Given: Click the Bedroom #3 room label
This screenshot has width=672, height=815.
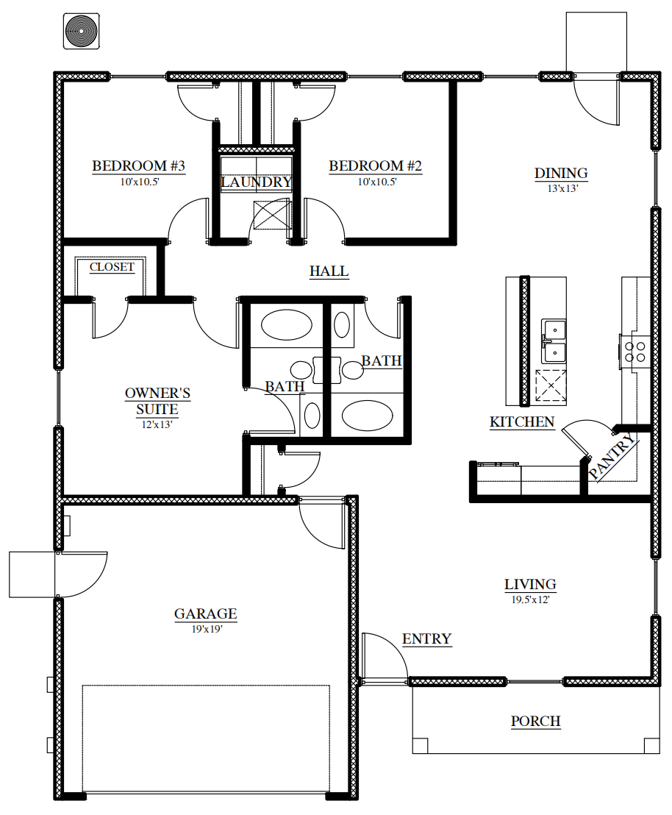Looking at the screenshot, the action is [139, 166].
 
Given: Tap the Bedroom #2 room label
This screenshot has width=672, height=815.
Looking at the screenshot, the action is [375, 166].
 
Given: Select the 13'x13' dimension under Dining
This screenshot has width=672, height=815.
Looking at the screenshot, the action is [563, 189].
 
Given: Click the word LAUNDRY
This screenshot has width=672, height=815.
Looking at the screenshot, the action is [256, 182].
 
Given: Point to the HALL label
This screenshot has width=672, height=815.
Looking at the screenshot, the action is [329, 271].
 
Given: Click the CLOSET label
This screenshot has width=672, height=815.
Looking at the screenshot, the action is [112, 267].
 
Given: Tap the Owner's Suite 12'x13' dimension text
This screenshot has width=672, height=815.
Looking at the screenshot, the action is [157, 424].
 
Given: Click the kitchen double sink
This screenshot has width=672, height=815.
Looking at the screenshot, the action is [554, 341].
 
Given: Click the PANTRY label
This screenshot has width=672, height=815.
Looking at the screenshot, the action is [612, 456].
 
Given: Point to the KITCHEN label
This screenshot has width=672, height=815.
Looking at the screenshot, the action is [522, 422].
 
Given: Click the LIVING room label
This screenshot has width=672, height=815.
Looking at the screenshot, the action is [530, 585].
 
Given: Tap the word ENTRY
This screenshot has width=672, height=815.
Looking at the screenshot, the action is [426, 638].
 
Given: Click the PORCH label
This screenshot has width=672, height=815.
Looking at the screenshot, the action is [536, 722].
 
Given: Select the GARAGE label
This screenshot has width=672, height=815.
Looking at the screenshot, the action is [206, 614].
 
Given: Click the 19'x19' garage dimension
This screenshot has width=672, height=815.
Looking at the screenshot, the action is [207, 630].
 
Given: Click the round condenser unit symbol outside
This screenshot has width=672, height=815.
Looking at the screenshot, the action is [81, 31].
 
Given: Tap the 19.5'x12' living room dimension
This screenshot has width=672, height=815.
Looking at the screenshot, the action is [531, 599].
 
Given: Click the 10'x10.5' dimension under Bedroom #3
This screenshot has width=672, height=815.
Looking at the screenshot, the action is [139, 182].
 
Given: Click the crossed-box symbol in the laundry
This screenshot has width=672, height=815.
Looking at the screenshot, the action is [272, 215].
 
